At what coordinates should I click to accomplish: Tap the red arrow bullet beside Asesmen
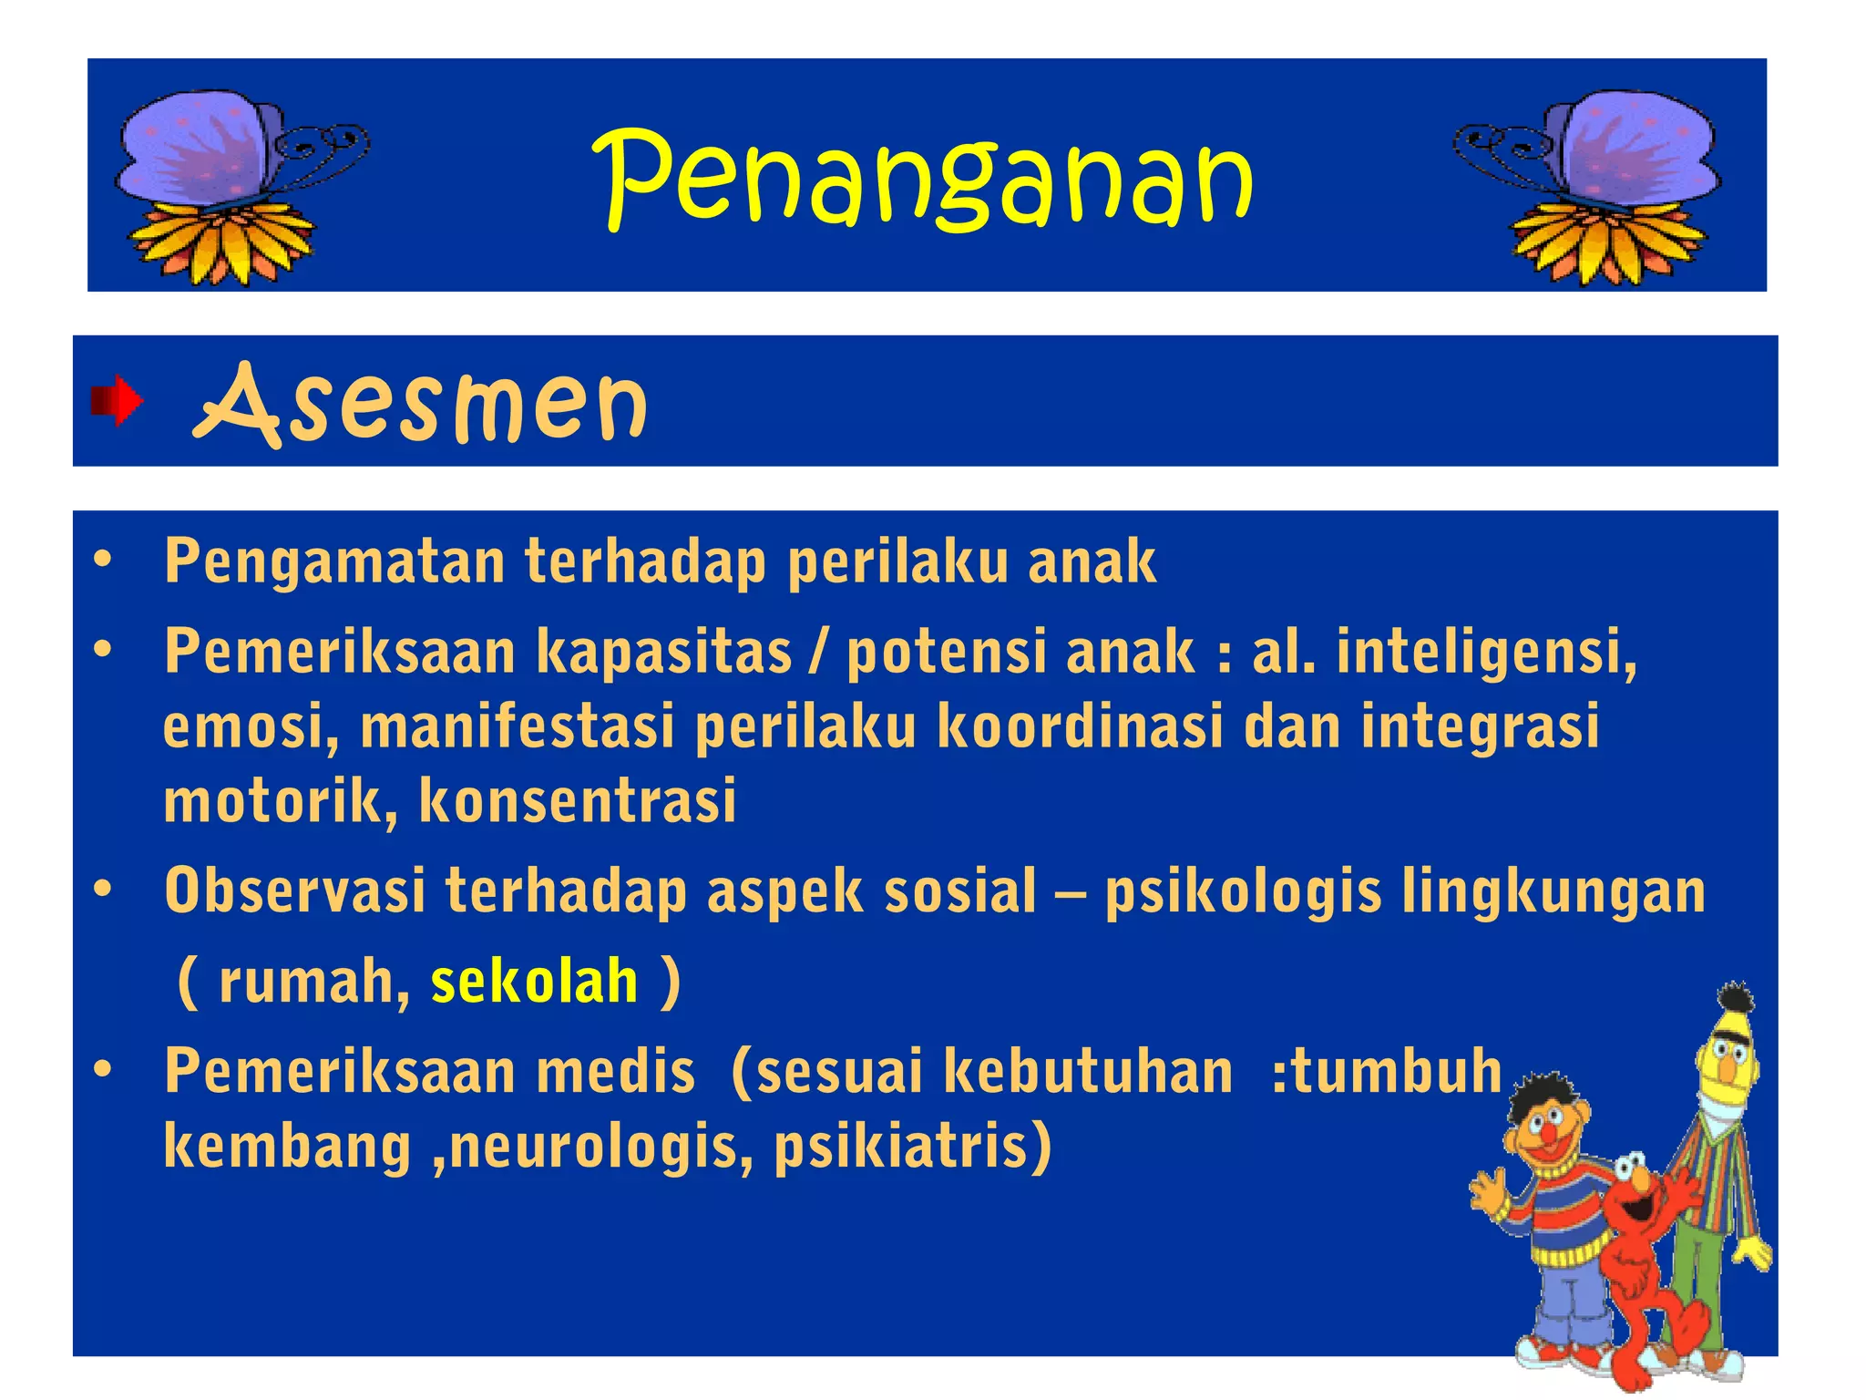tap(117, 401)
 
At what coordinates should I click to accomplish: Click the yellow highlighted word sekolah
tap(534, 982)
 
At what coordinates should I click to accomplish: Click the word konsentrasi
tap(578, 801)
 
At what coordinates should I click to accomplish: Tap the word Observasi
tap(294, 890)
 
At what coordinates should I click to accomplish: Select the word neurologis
tap(601, 1146)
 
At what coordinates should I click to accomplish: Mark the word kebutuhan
tap(1088, 1071)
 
